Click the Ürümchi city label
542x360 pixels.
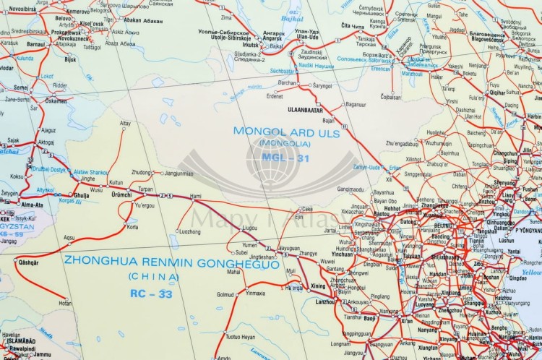[121, 194]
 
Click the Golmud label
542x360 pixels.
[225, 294]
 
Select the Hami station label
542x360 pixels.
[195, 195]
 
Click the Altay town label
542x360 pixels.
[126, 124]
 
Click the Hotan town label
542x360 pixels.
[65, 304]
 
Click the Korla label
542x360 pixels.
[132, 226]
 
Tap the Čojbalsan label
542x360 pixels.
[390, 96]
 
